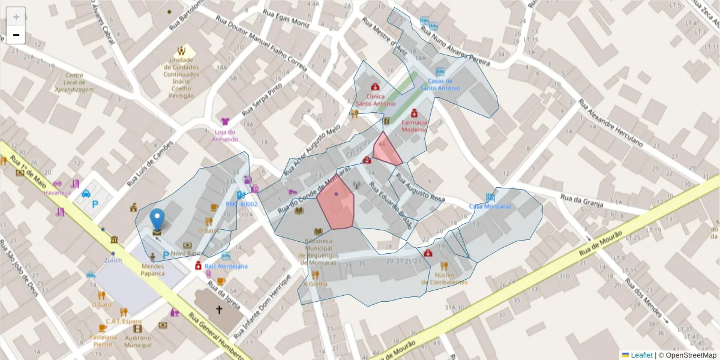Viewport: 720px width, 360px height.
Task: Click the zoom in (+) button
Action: click(16, 17)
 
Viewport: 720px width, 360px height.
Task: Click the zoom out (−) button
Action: click(16, 35)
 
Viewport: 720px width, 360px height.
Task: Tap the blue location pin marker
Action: click(157, 220)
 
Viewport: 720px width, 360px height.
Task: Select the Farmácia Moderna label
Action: click(414, 125)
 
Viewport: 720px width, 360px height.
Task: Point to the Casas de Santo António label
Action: click(440, 85)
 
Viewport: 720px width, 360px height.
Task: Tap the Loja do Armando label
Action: click(224, 136)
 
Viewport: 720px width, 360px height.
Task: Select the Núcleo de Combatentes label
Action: click(444, 278)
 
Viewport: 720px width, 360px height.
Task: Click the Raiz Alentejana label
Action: click(226, 266)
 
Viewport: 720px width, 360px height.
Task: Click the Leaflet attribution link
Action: click(641, 355)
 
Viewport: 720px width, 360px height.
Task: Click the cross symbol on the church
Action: click(219, 310)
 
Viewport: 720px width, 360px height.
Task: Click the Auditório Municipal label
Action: click(138, 341)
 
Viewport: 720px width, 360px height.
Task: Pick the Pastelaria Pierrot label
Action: click(102, 340)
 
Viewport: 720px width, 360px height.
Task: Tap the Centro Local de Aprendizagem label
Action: click(75, 83)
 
